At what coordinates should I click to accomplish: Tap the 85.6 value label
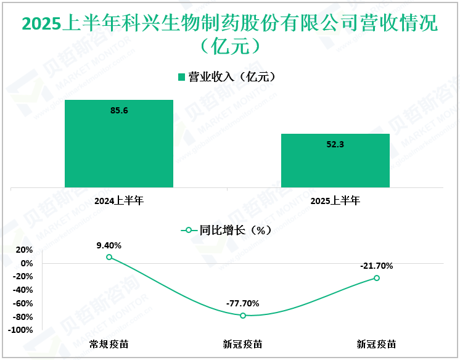coord(119,110)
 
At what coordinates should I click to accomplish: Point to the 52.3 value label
coord(335,144)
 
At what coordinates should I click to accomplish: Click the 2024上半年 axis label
coord(119,200)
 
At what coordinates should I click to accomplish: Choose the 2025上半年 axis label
coord(335,200)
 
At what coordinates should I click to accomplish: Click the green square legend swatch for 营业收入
coord(181,77)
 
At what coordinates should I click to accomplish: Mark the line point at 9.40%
coord(109,257)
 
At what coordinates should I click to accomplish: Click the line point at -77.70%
coord(243,316)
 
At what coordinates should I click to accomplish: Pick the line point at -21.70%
coord(377,278)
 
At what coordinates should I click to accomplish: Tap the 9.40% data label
coord(109,245)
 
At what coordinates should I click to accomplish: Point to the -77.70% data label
coord(243,303)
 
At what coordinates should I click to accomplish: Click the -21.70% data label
coord(377,266)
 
